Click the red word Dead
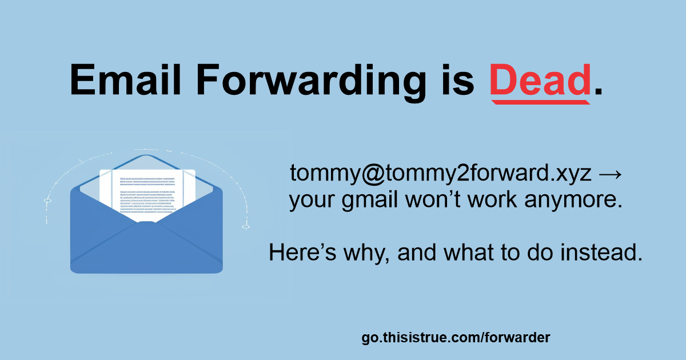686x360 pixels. click(540, 80)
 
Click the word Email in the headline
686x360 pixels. click(126, 79)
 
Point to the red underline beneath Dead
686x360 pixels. click(541, 102)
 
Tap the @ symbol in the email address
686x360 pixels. click(373, 174)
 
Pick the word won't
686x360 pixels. click(433, 199)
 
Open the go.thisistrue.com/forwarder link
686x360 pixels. click(456, 337)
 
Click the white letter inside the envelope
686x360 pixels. click(147, 194)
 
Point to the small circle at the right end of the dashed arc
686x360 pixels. click(246, 227)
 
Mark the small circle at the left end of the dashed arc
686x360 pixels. click(47, 201)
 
